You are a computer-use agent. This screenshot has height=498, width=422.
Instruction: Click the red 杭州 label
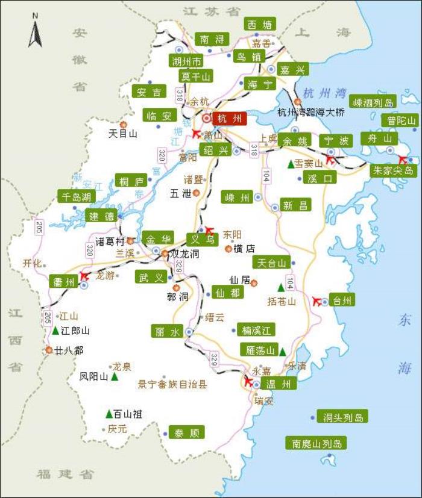[230, 118]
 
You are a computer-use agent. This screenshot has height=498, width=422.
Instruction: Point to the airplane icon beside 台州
[318, 301]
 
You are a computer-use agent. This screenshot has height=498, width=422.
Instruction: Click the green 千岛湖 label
[75, 196]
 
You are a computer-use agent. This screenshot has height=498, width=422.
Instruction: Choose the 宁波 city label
[336, 141]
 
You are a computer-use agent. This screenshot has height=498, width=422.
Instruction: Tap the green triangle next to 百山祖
[109, 414]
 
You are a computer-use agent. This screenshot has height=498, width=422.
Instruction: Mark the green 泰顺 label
[186, 432]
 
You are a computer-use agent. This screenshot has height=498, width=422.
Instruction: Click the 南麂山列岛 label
[316, 444]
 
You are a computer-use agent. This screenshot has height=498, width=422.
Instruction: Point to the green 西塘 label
[260, 25]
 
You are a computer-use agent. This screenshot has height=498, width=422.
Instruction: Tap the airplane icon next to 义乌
[209, 229]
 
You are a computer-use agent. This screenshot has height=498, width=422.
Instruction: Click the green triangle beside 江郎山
[55, 331]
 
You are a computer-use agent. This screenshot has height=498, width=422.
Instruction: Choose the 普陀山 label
[401, 120]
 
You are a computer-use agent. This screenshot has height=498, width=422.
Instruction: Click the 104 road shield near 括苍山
[290, 281]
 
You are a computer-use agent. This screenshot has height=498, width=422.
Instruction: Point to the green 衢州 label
[64, 282]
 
